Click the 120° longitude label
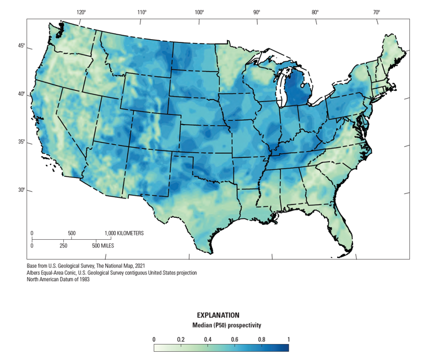pos(82,12)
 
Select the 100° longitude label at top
pos(199,12)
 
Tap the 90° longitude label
pos(257,12)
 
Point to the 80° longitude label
pos(315,12)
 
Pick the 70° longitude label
pos(376,12)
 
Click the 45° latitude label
pos(20,46)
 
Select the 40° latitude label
pos(20,94)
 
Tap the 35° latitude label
pos(20,142)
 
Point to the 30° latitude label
pos(20,190)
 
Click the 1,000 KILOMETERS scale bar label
pos(124,233)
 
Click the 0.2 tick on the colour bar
pos(181,339)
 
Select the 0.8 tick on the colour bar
pos(262,339)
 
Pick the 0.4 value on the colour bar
pos(208,339)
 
